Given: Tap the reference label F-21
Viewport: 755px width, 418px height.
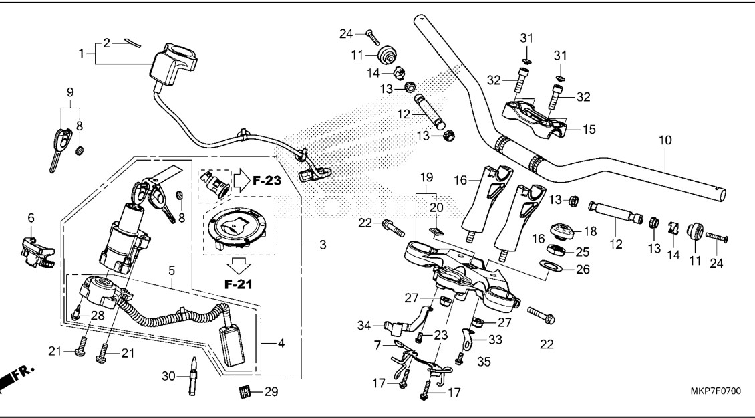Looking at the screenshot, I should (x=239, y=284).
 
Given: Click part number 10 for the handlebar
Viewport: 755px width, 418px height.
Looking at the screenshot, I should (x=665, y=140).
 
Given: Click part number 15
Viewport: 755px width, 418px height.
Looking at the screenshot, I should (x=589, y=128).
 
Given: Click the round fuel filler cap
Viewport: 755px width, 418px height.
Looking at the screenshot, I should (x=237, y=231).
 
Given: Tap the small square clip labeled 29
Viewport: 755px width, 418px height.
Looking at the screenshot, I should (x=245, y=391).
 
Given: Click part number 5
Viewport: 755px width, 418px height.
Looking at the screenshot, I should (x=172, y=271).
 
